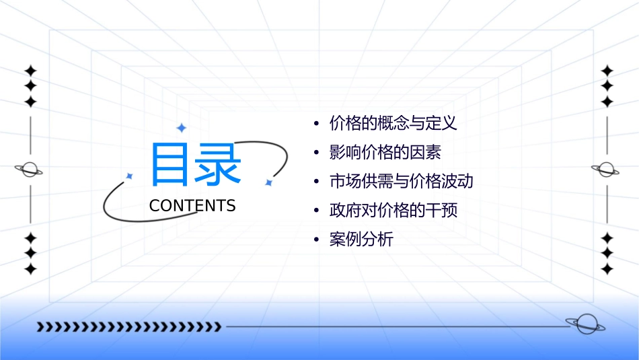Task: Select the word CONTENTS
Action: (x=192, y=206)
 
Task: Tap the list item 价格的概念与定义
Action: (x=393, y=124)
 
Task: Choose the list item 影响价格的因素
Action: (x=385, y=153)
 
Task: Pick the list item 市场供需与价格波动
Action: (x=402, y=182)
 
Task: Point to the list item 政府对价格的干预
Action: (x=393, y=211)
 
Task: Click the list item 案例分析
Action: (x=361, y=240)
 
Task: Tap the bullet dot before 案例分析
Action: (x=317, y=240)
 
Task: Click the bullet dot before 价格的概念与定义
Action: (x=317, y=124)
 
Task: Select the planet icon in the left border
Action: (x=30, y=170)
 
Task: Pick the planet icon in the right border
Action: (x=607, y=170)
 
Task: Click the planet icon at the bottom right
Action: (x=585, y=324)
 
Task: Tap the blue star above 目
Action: (x=181, y=128)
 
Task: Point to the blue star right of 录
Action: (x=268, y=182)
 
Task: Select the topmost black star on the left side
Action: (x=30, y=70)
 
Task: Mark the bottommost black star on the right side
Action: (x=607, y=269)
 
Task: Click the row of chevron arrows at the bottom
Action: (x=128, y=327)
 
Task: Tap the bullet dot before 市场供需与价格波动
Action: (x=317, y=182)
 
